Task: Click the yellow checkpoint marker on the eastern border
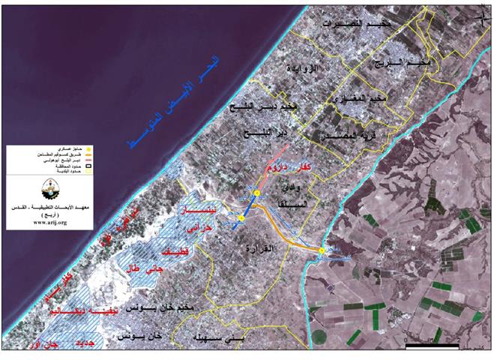[x=322, y=250]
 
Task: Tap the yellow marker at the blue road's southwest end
[x=241, y=218]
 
